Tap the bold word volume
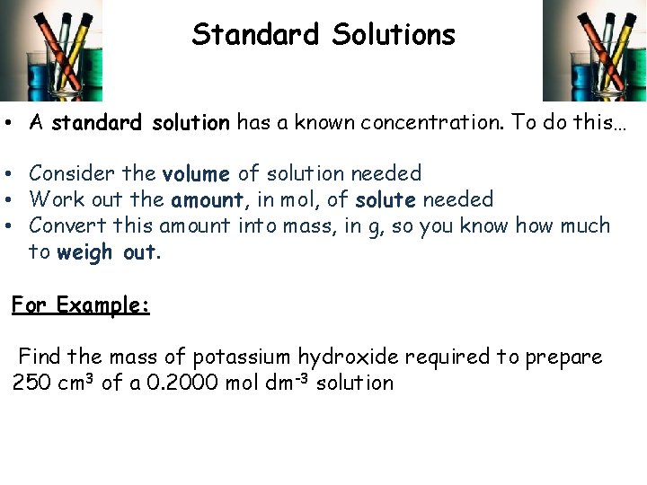coord(196,173)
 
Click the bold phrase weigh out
coord(107,252)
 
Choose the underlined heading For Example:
coord(81,305)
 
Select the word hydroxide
coord(348,357)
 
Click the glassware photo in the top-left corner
coord(51,50)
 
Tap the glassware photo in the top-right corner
coord(594,50)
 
